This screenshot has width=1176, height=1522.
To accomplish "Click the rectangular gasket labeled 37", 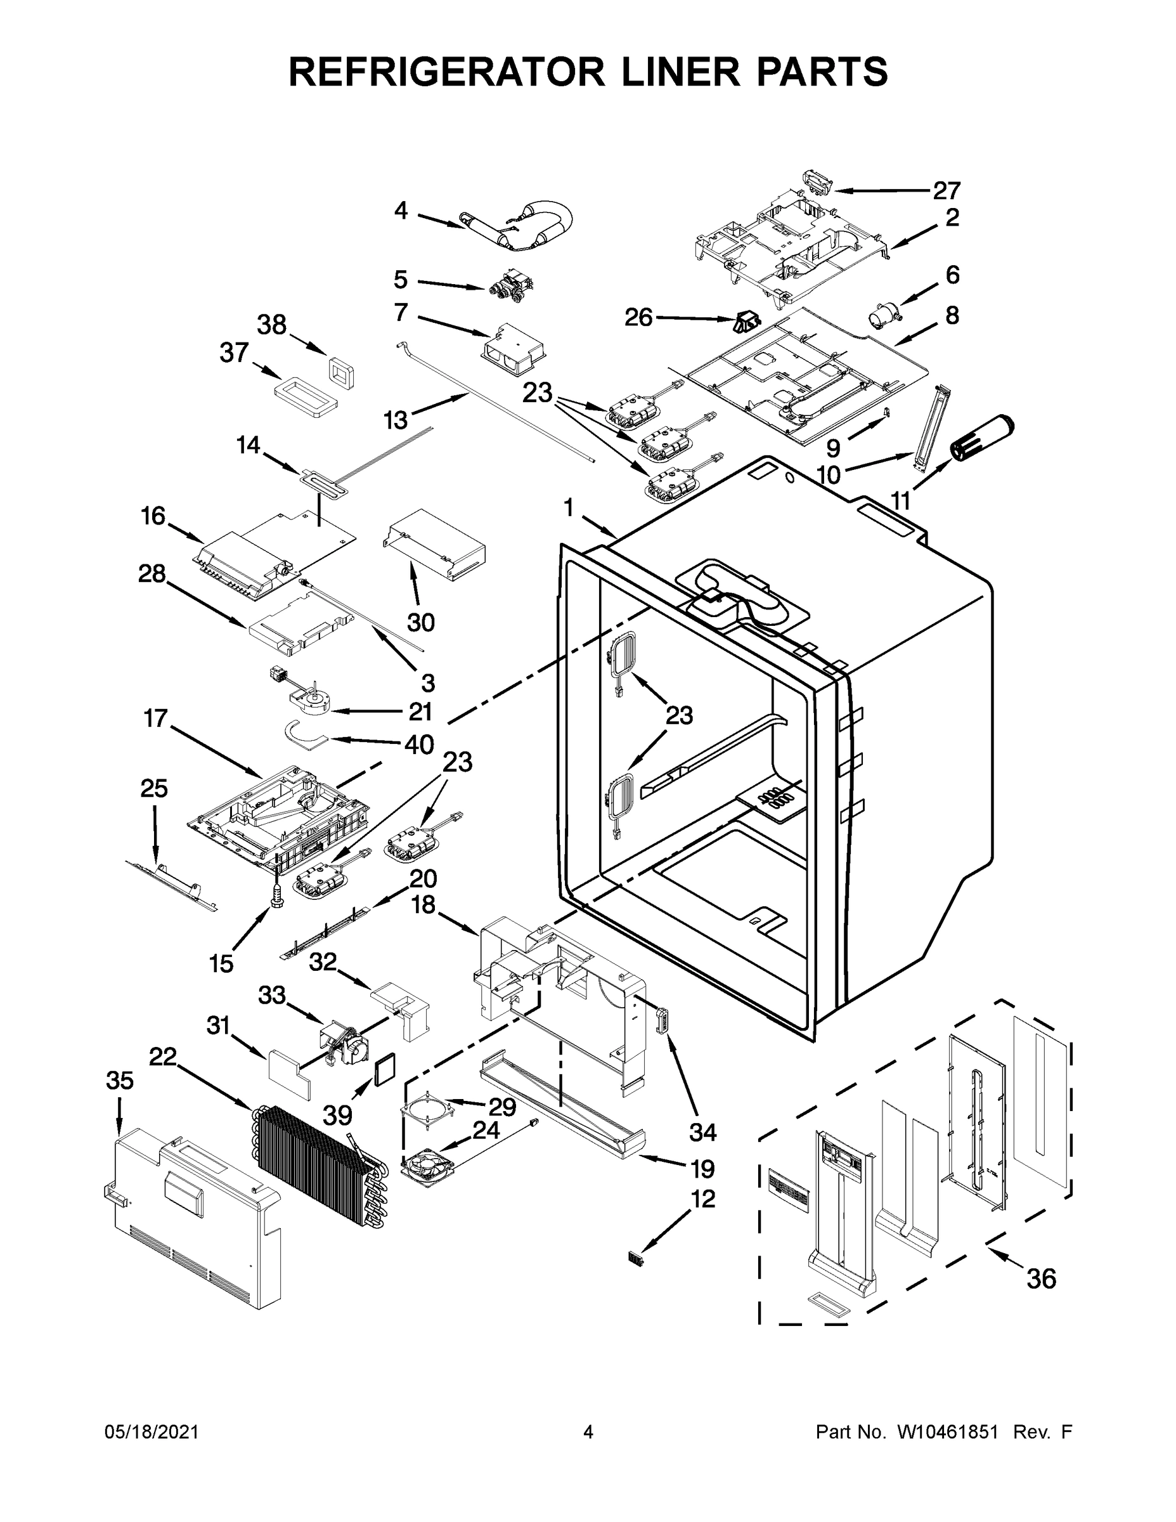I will tap(305, 397).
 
